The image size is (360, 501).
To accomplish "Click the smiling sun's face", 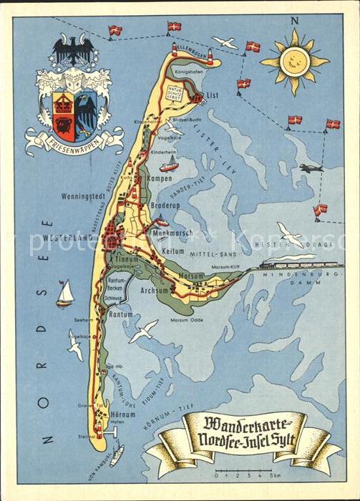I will tap(294, 62).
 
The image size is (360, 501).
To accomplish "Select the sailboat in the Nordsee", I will tap(65, 293).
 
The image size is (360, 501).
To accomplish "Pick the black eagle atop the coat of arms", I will tap(72, 51).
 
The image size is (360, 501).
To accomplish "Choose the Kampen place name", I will tap(158, 178).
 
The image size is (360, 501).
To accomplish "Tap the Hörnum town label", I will tap(123, 414).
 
